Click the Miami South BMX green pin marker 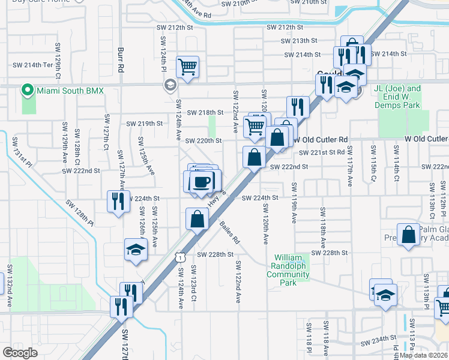pyautogui.click(x=27, y=91)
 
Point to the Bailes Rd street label pyautogui.click(x=229, y=232)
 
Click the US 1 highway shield pyautogui.click(x=179, y=257)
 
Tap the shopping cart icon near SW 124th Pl pyautogui.click(x=188, y=67)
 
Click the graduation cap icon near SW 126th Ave pyautogui.click(x=136, y=249)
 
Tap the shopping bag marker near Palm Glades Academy pyautogui.click(x=409, y=236)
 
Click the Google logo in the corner pyautogui.click(x=20, y=353)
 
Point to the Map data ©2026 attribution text pyautogui.click(x=423, y=355)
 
